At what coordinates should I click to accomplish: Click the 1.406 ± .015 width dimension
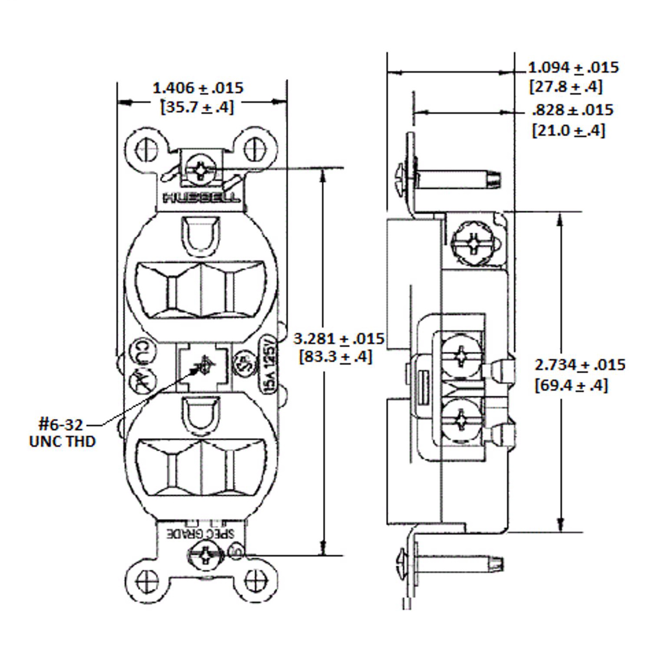[x=197, y=88]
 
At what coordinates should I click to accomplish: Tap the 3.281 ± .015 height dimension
[x=339, y=339]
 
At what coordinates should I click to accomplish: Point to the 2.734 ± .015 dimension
[x=579, y=365]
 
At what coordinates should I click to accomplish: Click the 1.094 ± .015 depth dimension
[x=573, y=68]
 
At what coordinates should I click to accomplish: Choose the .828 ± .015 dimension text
[x=573, y=110]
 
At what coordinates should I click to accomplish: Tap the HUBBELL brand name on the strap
[x=201, y=197]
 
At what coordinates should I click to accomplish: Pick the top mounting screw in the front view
[x=200, y=169]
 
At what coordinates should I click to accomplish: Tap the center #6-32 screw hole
[x=205, y=367]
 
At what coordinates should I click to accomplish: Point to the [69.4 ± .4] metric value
[x=571, y=386]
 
